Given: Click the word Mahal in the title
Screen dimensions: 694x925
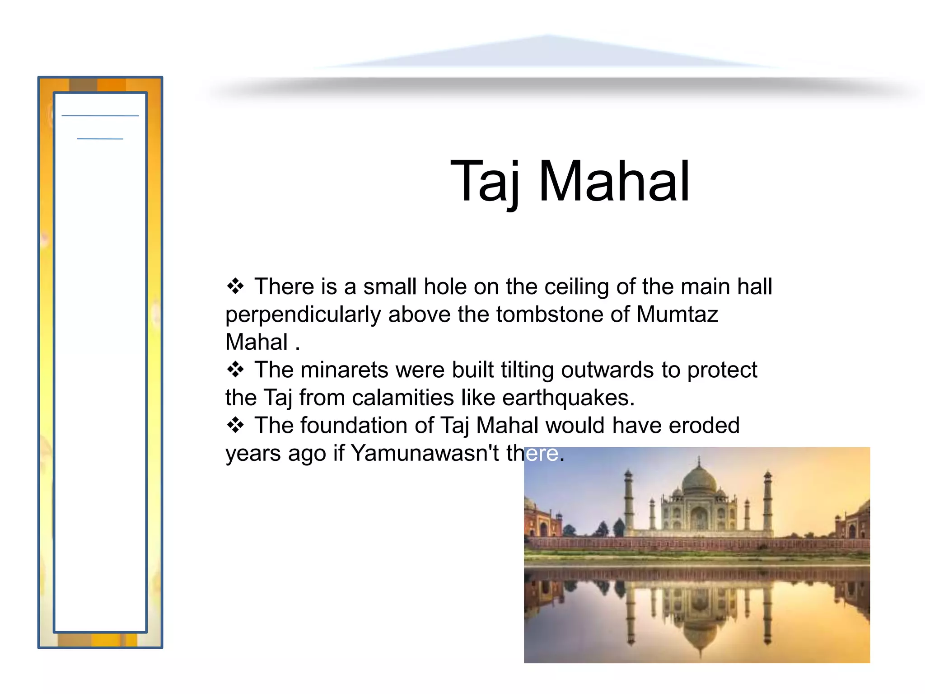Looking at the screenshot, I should tap(614, 182).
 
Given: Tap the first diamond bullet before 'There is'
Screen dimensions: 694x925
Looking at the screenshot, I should tap(235, 286).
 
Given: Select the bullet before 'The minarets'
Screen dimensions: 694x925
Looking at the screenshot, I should tap(235, 370).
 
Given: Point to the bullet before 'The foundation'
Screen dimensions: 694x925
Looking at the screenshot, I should tap(235, 425).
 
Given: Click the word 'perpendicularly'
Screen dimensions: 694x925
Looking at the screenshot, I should tap(303, 314).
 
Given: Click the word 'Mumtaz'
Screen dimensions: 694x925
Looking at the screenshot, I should tap(677, 314).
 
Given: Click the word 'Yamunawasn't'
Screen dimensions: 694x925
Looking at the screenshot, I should tap(425, 453).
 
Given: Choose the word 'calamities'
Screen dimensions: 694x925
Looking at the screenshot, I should tap(403, 398).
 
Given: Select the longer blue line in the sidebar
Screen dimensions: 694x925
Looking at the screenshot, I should tap(100, 116).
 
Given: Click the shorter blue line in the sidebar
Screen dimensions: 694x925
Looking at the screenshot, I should tap(100, 139).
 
